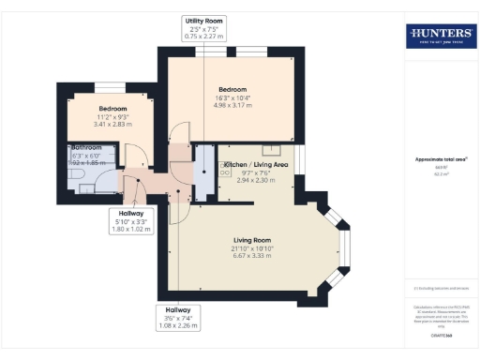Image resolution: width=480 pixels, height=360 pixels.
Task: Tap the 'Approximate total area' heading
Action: tap(441, 159)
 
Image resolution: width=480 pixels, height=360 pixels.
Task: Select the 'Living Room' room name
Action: tap(252, 239)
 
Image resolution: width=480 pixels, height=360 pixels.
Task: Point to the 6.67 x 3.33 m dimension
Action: tap(252, 255)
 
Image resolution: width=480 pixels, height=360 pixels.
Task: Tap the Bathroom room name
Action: tap(85, 147)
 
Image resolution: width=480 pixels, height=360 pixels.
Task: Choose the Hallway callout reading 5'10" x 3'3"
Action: tap(130, 221)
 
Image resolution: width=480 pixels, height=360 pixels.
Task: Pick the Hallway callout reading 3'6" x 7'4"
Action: tap(178, 319)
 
